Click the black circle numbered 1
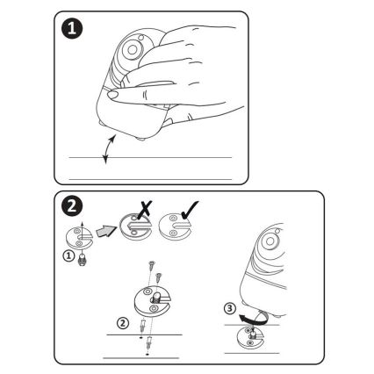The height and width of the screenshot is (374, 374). click(x=72, y=29)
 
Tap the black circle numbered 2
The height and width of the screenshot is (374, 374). click(x=72, y=206)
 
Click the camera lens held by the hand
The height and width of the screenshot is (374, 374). click(x=132, y=49)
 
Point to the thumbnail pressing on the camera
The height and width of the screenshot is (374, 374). click(x=113, y=95)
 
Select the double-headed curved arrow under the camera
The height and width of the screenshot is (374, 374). click(x=108, y=148)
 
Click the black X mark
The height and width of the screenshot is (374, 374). click(x=145, y=210)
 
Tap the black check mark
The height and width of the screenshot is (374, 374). click(x=190, y=210)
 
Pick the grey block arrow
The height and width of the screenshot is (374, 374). click(x=105, y=232)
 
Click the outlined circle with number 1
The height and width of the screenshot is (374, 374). click(x=68, y=256)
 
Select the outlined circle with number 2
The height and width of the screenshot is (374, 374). click(x=123, y=323)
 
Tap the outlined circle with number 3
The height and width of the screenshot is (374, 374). click(x=230, y=308)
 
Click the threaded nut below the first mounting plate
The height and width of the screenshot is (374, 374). click(x=83, y=260)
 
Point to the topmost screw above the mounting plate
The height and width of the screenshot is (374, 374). click(x=152, y=266)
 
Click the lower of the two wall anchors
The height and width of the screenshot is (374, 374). click(x=149, y=342)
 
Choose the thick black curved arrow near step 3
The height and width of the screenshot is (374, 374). click(x=253, y=319)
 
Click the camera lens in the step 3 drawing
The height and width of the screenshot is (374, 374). click(x=270, y=241)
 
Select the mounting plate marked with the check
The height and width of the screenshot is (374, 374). click(x=175, y=227)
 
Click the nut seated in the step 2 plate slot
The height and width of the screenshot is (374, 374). click(x=155, y=298)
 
